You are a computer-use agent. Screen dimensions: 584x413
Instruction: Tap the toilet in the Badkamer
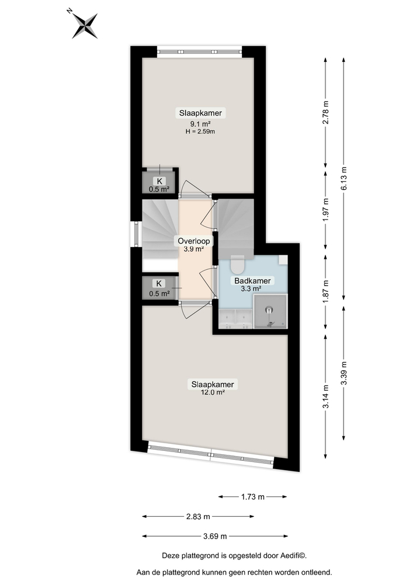[x=237, y=266]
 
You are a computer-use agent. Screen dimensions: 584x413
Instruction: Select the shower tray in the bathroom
[x=270, y=311]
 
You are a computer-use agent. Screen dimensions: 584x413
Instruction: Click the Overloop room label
[x=194, y=241]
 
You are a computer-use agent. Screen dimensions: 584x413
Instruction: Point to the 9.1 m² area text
[x=199, y=124]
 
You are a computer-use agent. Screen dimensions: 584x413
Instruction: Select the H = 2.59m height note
[x=200, y=131]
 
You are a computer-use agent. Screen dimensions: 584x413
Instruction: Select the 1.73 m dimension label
[x=252, y=497]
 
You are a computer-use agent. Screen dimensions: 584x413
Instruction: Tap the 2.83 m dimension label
[x=198, y=516]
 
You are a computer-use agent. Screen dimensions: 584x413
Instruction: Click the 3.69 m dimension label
[x=214, y=536]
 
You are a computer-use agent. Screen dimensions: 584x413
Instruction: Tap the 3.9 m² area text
[x=194, y=249]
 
